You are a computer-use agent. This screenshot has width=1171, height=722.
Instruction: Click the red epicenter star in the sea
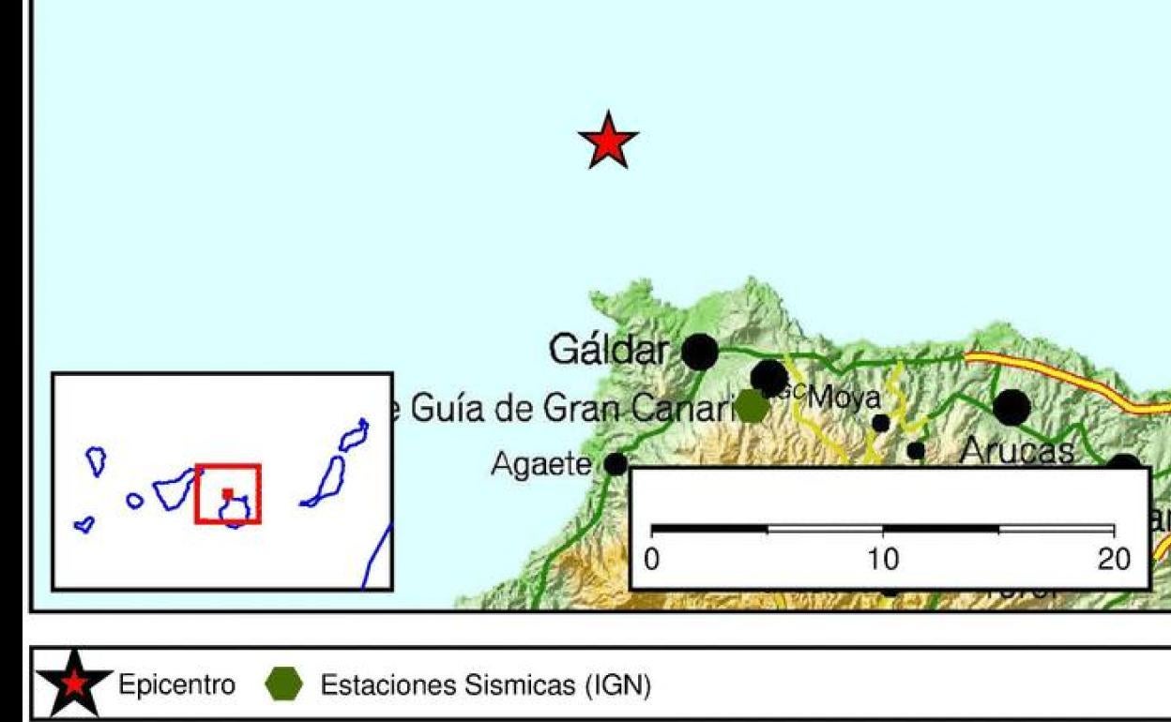point(608,142)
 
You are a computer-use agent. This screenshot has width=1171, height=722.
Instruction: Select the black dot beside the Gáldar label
point(699,353)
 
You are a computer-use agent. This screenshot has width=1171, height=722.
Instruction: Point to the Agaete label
point(542,464)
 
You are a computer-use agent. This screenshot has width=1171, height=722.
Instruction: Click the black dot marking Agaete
point(616,463)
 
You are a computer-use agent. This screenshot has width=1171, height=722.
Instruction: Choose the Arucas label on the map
point(1017,454)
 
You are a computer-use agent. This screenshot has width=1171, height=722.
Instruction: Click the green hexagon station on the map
point(752,406)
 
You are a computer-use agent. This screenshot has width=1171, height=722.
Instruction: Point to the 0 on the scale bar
point(654,561)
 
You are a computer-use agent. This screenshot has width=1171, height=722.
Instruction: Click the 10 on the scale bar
point(883,561)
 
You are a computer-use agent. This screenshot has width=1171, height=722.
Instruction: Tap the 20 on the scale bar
point(1115,561)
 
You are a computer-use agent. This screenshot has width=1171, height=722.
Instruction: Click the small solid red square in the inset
point(227,493)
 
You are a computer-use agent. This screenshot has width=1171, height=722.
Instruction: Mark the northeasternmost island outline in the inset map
point(354,435)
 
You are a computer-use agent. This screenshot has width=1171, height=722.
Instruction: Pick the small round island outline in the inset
point(135,501)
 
